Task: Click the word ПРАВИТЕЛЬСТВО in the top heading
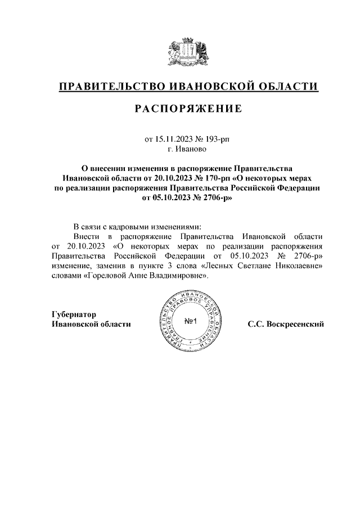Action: point(106,86)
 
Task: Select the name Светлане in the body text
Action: point(253,267)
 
